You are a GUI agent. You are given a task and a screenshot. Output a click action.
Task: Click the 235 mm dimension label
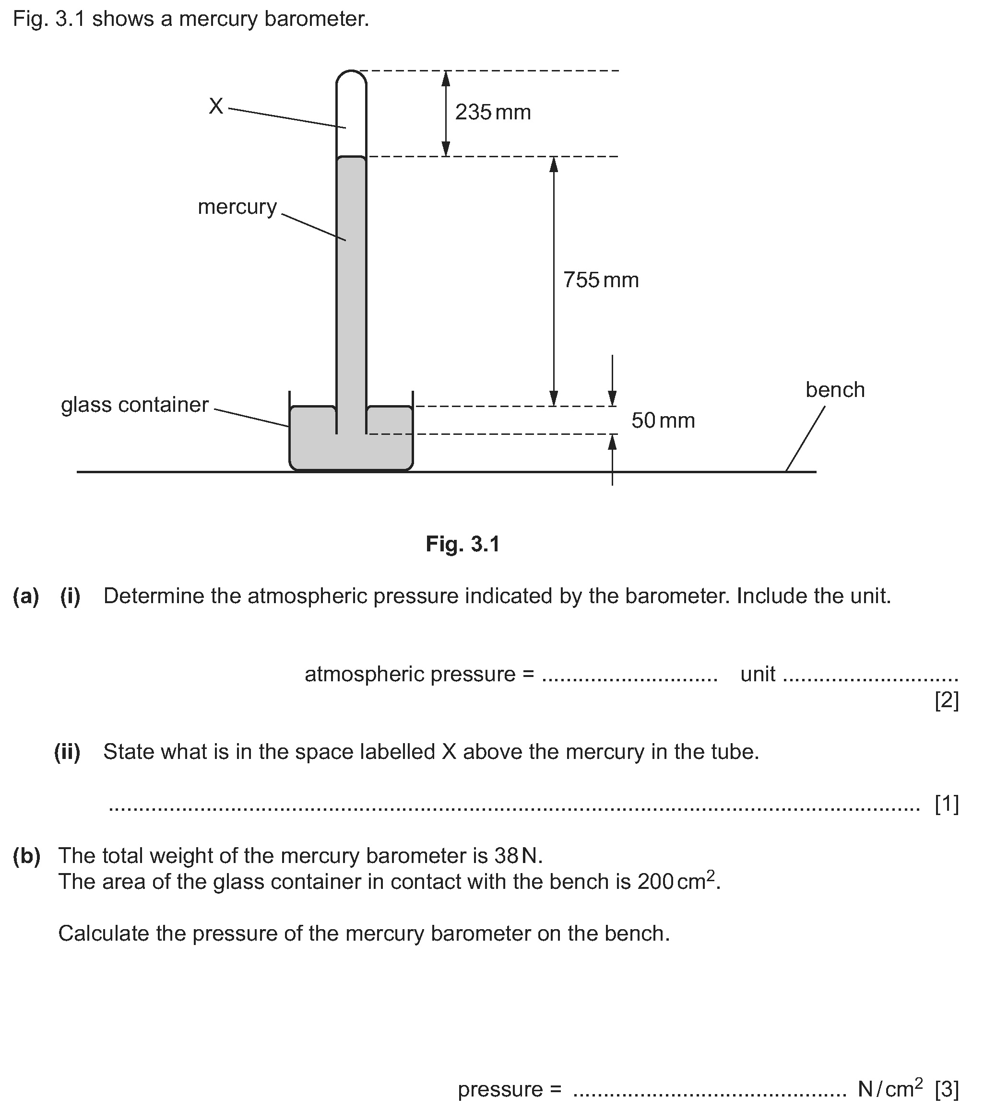click(x=493, y=112)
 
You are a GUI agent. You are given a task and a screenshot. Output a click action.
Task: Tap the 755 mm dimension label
click(x=601, y=280)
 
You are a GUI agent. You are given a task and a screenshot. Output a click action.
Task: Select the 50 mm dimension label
click(x=663, y=420)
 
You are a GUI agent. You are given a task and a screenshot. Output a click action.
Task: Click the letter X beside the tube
click(x=216, y=106)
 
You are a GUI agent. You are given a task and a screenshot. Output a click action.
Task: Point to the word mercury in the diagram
click(x=237, y=207)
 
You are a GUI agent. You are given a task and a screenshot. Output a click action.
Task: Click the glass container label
click(x=135, y=405)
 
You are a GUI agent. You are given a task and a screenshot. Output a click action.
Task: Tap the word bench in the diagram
click(x=835, y=390)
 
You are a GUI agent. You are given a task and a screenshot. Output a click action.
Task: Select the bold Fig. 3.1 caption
click(x=462, y=544)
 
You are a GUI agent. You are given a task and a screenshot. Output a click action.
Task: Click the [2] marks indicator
click(x=947, y=700)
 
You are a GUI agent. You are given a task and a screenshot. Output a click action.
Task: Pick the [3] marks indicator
click(x=947, y=1089)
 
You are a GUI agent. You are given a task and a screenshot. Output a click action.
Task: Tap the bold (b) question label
click(x=26, y=856)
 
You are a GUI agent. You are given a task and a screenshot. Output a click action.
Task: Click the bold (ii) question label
click(x=67, y=751)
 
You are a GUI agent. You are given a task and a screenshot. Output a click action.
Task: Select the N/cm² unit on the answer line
click(x=890, y=1088)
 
